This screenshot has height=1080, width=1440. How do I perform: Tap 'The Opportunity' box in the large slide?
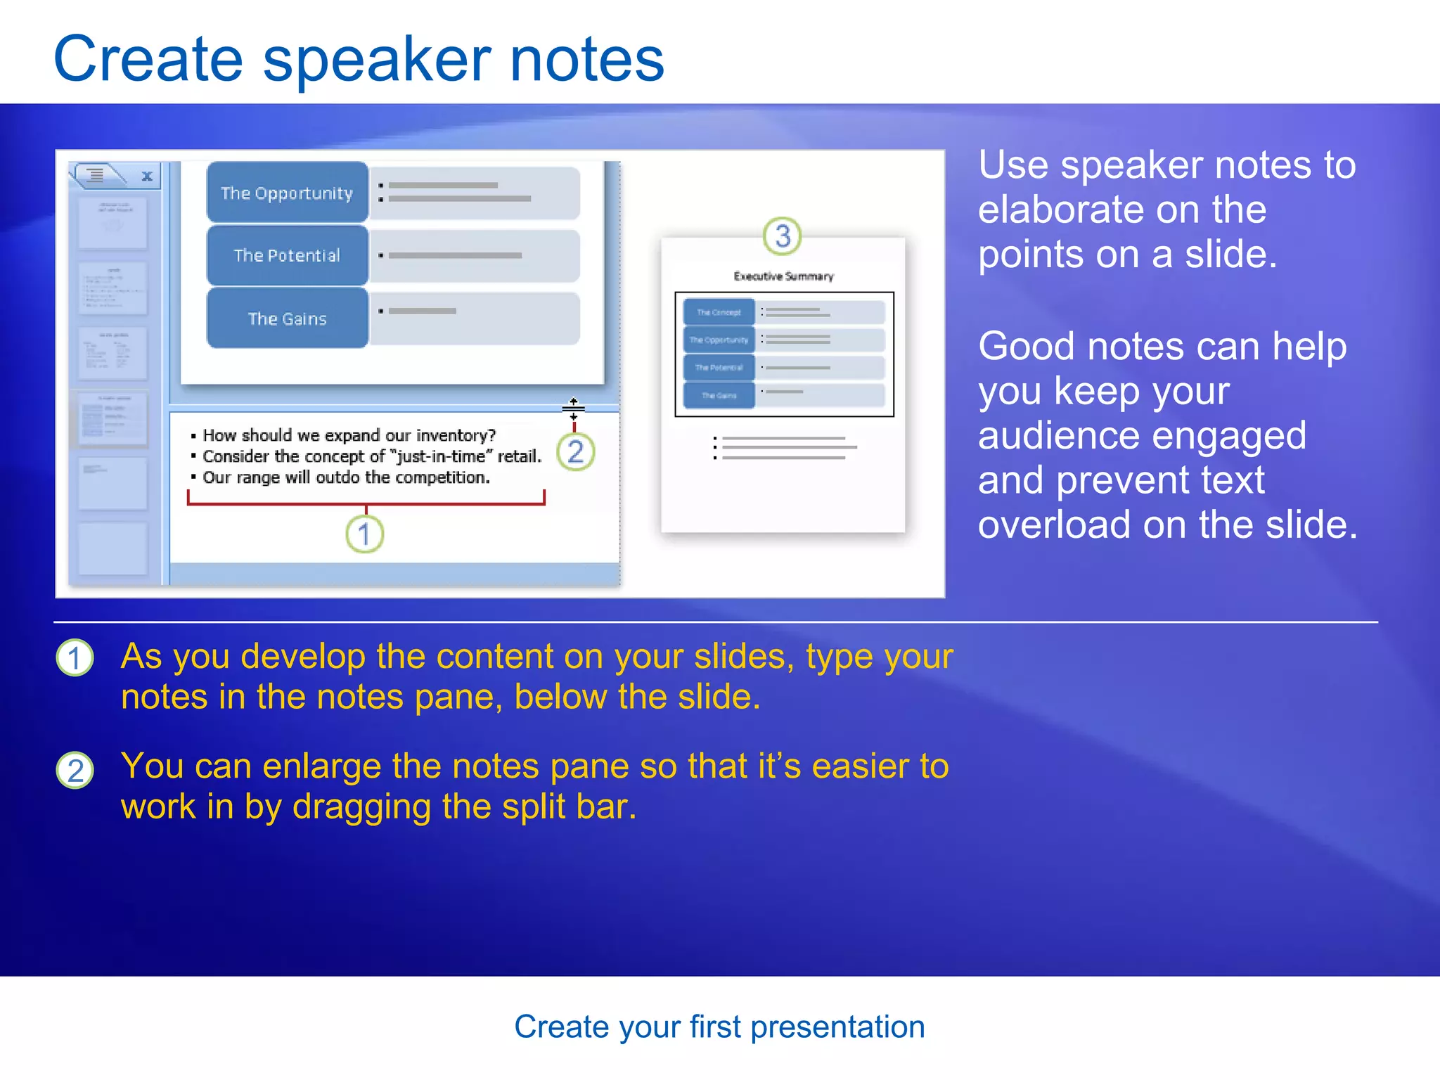pyautogui.click(x=287, y=193)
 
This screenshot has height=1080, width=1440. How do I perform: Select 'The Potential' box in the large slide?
pyautogui.click(x=287, y=255)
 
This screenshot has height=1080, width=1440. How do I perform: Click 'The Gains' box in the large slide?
pyautogui.click(x=287, y=319)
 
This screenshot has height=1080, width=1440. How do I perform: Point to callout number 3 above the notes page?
pyautogui.click(x=782, y=236)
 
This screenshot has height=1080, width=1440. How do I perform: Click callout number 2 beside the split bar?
pyautogui.click(x=575, y=452)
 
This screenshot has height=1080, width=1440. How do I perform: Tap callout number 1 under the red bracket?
pyautogui.click(x=364, y=534)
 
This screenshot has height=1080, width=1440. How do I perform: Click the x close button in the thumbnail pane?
pyautogui.click(x=147, y=176)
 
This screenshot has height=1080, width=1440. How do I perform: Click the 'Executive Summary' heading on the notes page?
pyautogui.click(x=783, y=276)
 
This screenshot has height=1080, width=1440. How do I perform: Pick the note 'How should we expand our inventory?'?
pyautogui.click(x=349, y=435)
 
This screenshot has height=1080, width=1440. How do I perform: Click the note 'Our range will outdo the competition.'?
pyautogui.click(x=346, y=477)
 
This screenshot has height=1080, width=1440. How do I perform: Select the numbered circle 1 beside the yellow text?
pyautogui.click(x=75, y=659)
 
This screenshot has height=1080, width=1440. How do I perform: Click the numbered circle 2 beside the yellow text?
pyautogui.click(x=75, y=770)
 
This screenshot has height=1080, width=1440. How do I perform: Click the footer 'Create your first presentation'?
pyautogui.click(x=719, y=1027)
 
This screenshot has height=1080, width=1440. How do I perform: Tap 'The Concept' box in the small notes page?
pyautogui.click(x=718, y=312)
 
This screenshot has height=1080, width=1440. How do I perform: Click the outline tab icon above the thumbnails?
pyautogui.click(x=96, y=174)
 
